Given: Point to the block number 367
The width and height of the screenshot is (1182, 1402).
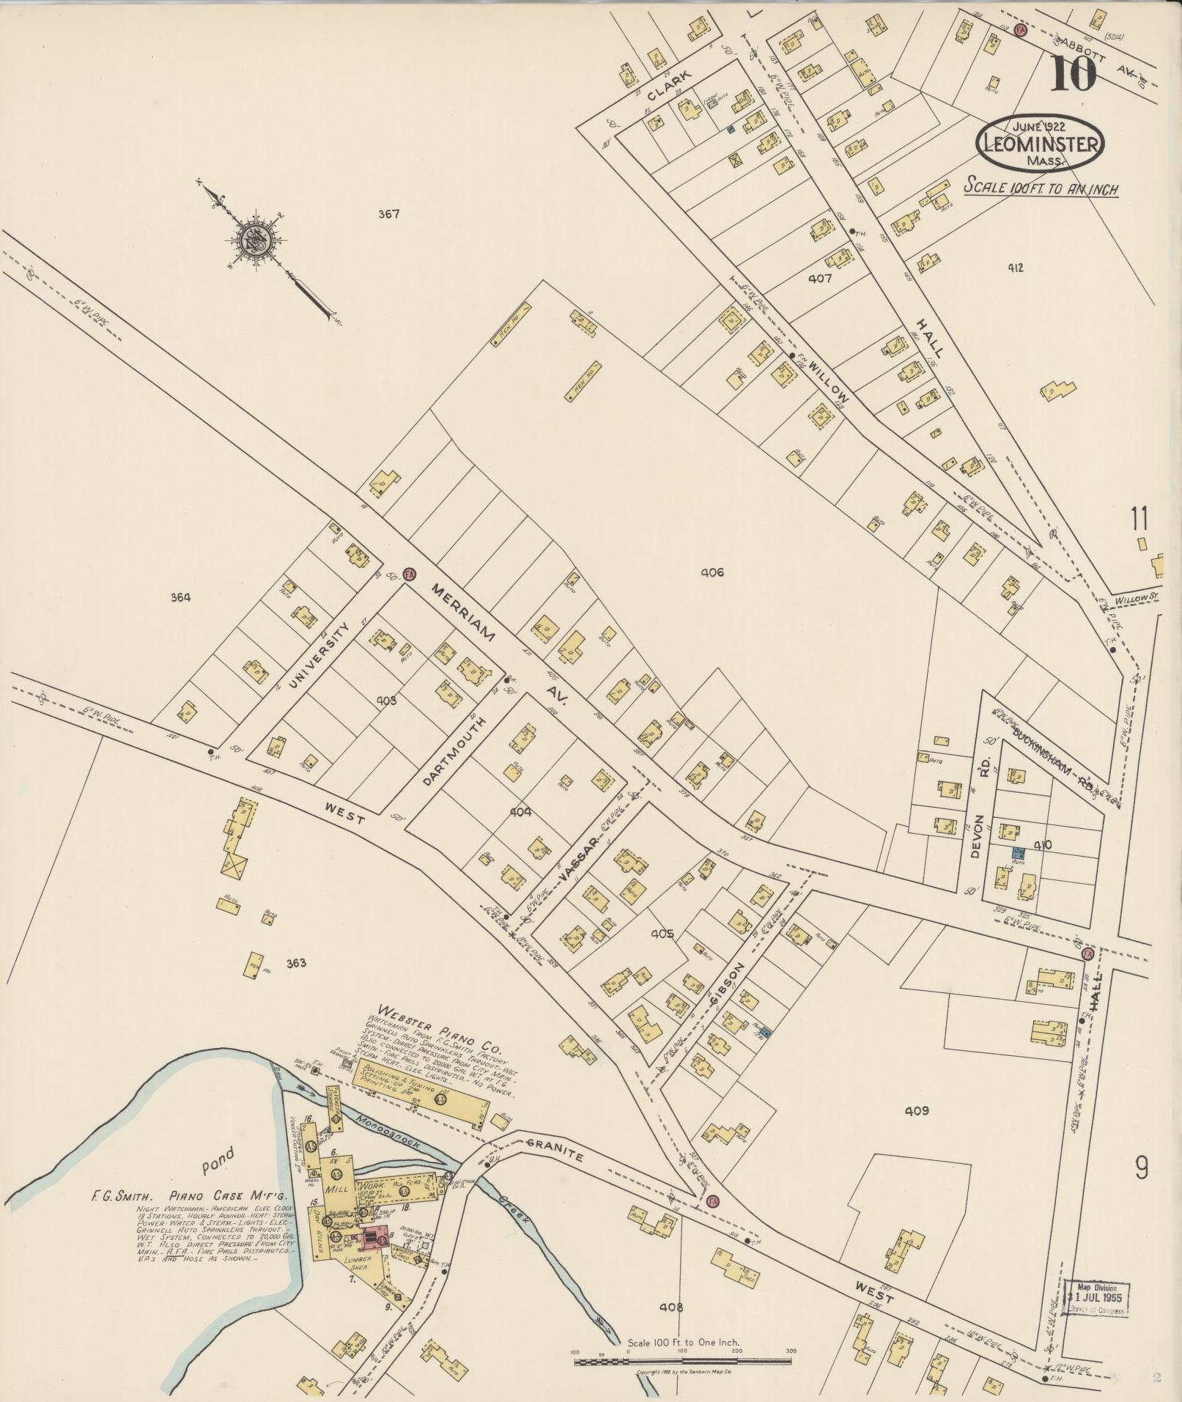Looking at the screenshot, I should coord(388,215).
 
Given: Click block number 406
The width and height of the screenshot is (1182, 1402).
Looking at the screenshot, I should coord(712,572).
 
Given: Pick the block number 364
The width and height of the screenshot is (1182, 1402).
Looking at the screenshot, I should coord(180,597).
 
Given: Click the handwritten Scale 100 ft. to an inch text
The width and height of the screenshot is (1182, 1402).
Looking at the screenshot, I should coord(1041,188).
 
